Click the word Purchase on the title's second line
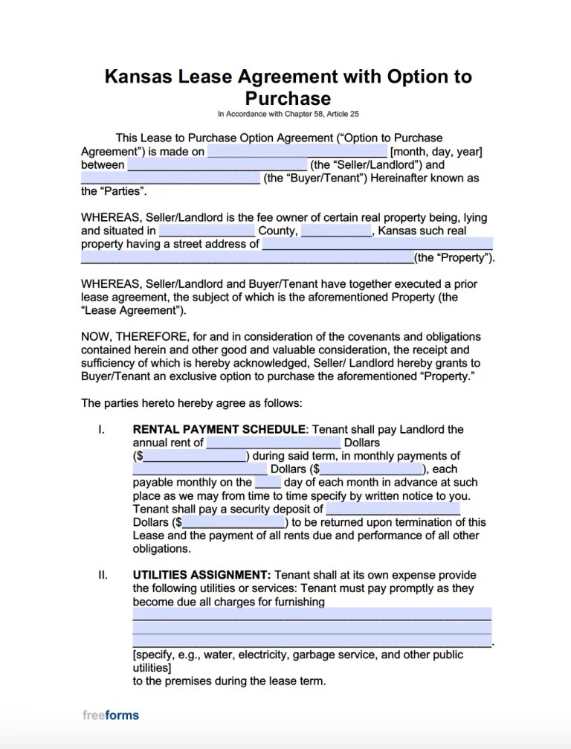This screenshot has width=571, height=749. (x=288, y=97)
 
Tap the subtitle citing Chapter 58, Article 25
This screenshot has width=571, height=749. (x=288, y=114)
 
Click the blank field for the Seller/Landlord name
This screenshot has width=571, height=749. (x=217, y=165)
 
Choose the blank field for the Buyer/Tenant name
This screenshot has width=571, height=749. (x=170, y=179)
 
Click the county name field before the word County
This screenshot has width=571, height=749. (x=207, y=231)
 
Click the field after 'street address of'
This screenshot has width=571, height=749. (x=377, y=244)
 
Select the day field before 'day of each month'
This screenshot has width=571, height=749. (x=272, y=483)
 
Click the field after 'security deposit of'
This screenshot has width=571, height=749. (x=393, y=509)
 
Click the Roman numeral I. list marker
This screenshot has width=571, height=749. (x=101, y=429)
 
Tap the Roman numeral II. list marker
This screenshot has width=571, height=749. (x=103, y=575)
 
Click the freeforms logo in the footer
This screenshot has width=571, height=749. (x=110, y=716)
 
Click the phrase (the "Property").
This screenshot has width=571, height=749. (x=454, y=258)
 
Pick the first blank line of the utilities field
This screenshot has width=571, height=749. (x=312, y=615)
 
